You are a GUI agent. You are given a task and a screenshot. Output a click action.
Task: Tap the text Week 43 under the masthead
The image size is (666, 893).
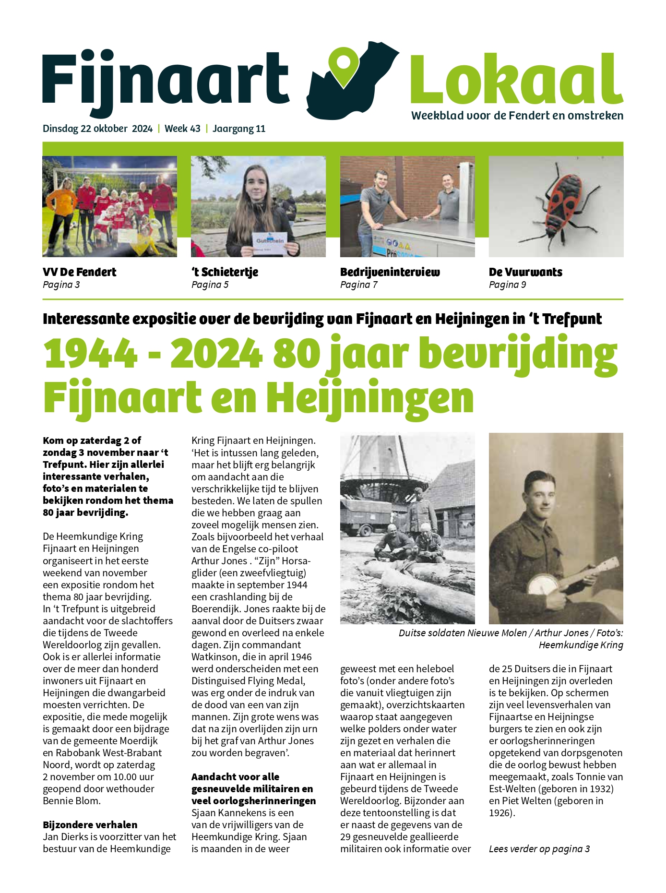182,129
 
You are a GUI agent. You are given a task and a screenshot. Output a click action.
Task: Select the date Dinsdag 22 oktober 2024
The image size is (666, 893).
97,129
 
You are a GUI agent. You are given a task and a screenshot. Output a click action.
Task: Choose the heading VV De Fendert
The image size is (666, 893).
80,272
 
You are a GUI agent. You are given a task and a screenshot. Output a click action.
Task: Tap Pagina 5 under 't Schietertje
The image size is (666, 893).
210,285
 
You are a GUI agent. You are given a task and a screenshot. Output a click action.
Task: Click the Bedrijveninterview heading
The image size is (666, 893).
390,272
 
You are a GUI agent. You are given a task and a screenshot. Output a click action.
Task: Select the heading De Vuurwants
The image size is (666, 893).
525,272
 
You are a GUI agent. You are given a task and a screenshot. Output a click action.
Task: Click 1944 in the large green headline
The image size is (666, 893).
91,354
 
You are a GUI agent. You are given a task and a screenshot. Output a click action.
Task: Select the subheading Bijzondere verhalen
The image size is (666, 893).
90,825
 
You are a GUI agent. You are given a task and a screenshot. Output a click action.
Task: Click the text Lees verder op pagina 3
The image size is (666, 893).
539,849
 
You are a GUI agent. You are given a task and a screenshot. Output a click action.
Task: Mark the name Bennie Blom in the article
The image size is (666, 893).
72,801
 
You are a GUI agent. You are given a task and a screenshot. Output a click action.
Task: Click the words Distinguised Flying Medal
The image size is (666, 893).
248,681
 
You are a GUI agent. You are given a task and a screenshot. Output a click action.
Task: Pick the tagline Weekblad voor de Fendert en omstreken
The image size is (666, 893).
517,116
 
